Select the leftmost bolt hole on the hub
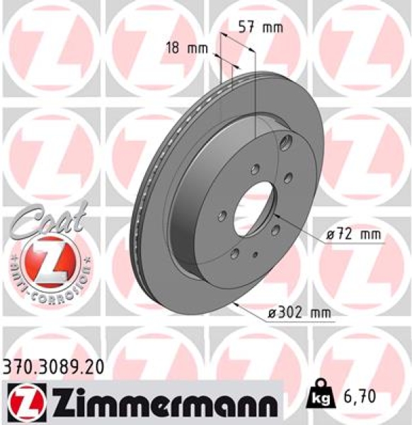pyautogui.click(x=223, y=215)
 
